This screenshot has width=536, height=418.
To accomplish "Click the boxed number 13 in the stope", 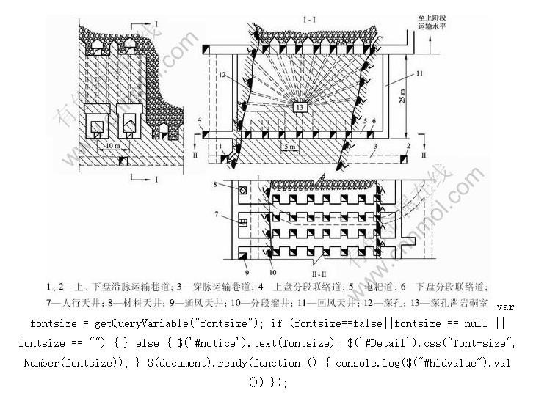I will (x=300, y=107).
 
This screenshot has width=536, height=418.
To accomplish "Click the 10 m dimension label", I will (x=114, y=147).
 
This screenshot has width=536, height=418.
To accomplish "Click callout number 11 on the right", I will (x=419, y=74).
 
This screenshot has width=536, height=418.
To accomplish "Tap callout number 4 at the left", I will (x=200, y=120).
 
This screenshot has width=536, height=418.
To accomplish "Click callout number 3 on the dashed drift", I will (x=376, y=147).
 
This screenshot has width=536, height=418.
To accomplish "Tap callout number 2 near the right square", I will (x=406, y=147).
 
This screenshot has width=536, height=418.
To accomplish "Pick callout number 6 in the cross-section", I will (x=374, y=120).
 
